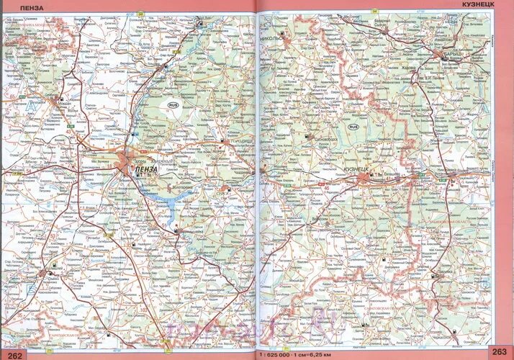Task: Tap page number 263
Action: pyautogui.click(x=497, y=352)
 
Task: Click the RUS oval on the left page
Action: pyautogui.click(x=172, y=104)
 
